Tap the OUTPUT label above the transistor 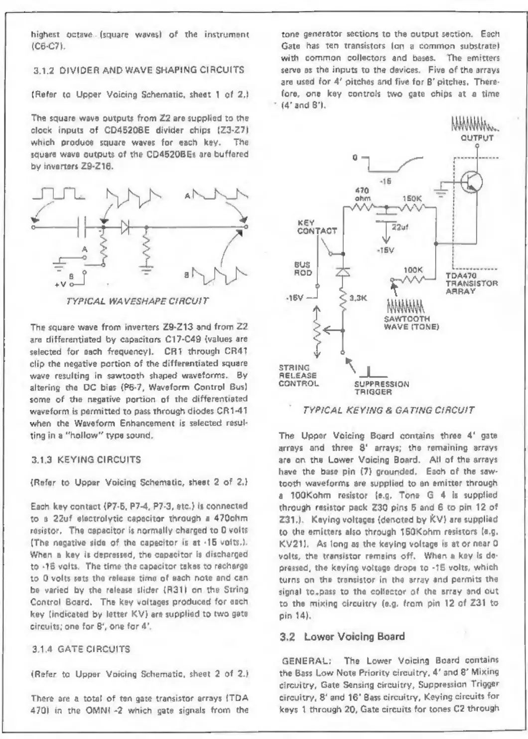click(477, 138)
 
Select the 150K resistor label click(412, 198)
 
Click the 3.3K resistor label click(358, 298)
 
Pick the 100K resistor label click(413, 270)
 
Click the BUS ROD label click(303, 270)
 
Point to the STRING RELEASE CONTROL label click(298, 375)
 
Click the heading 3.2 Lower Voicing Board click(341, 636)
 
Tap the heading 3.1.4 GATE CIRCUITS click(80, 649)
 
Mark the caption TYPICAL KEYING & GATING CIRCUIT click(389, 410)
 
